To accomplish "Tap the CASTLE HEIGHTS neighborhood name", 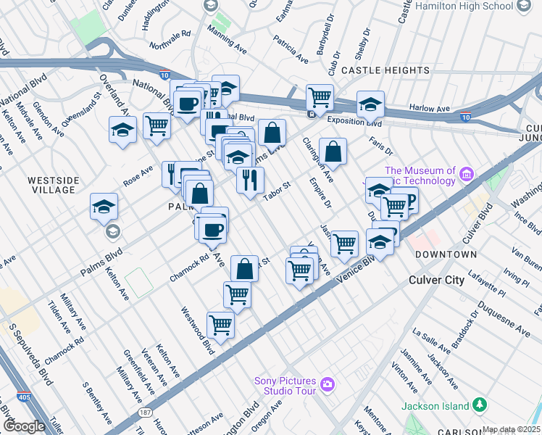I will tap(385, 70).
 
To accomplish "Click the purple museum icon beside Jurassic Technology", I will tap(466, 173).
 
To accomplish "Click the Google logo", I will tap(24, 426).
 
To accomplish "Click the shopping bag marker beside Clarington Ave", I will tap(333, 152).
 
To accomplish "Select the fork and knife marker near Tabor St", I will tap(250, 179).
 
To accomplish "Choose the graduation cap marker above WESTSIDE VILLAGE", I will tap(122, 130).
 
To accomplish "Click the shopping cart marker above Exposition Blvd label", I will tap(320, 96).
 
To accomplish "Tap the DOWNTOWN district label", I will tap(446, 254).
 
